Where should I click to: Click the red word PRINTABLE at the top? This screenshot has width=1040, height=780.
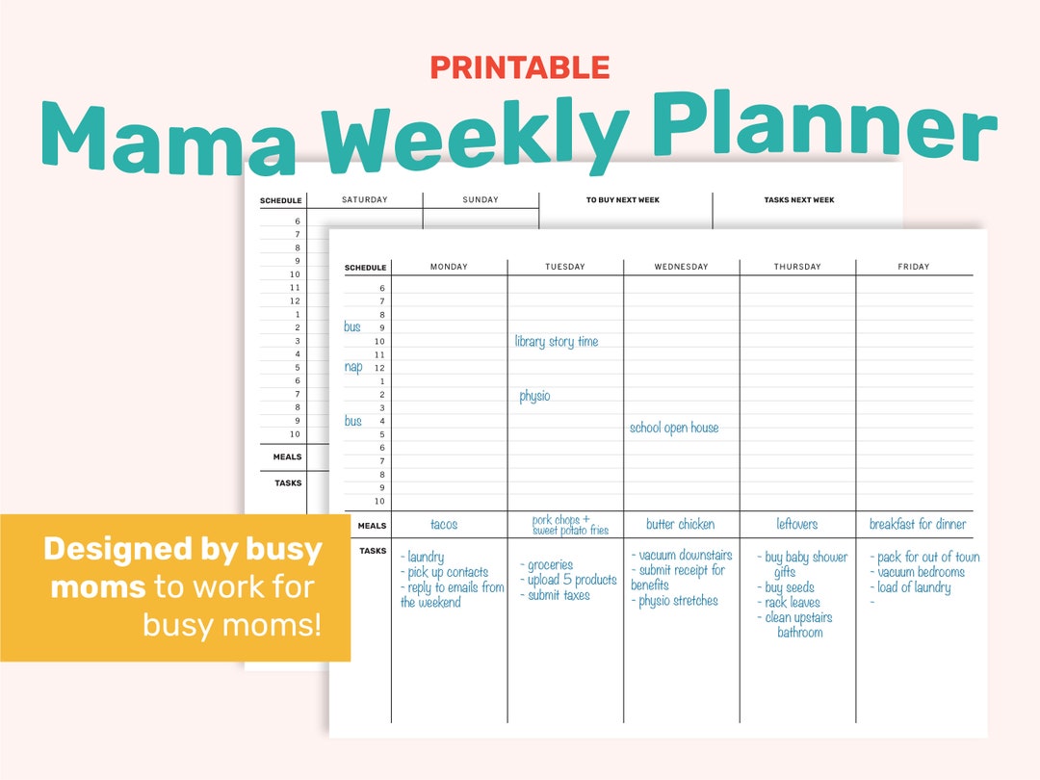pyautogui.click(x=519, y=67)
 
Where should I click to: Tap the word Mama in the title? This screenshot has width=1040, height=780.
pyautogui.click(x=169, y=134)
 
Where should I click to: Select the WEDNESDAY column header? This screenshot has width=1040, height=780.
pyautogui.click(x=681, y=267)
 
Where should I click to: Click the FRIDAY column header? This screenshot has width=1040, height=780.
pyautogui.click(x=914, y=267)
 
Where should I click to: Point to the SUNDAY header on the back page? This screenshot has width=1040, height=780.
pyautogui.click(x=481, y=200)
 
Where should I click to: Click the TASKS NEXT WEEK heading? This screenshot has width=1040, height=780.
pyautogui.click(x=798, y=200)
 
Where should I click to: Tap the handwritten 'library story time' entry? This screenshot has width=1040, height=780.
pyautogui.click(x=557, y=342)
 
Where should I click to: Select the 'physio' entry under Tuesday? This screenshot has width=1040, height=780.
pyautogui.click(x=534, y=396)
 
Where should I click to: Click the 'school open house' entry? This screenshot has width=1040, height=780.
pyautogui.click(x=674, y=428)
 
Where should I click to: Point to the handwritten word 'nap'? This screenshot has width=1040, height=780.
pyautogui.click(x=353, y=367)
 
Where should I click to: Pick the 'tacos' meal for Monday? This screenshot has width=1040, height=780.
pyautogui.click(x=444, y=525)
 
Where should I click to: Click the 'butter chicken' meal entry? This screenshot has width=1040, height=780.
pyautogui.click(x=681, y=525)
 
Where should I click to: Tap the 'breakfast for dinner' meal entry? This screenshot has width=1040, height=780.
pyautogui.click(x=917, y=525)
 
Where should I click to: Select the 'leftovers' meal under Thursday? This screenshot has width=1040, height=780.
pyautogui.click(x=796, y=525)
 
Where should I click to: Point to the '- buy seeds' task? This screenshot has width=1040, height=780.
pyautogui.click(x=786, y=587)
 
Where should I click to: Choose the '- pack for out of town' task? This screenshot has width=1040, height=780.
pyautogui.click(x=924, y=558)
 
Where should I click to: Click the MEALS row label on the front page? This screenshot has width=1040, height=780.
pyautogui.click(x=372, y=526)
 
